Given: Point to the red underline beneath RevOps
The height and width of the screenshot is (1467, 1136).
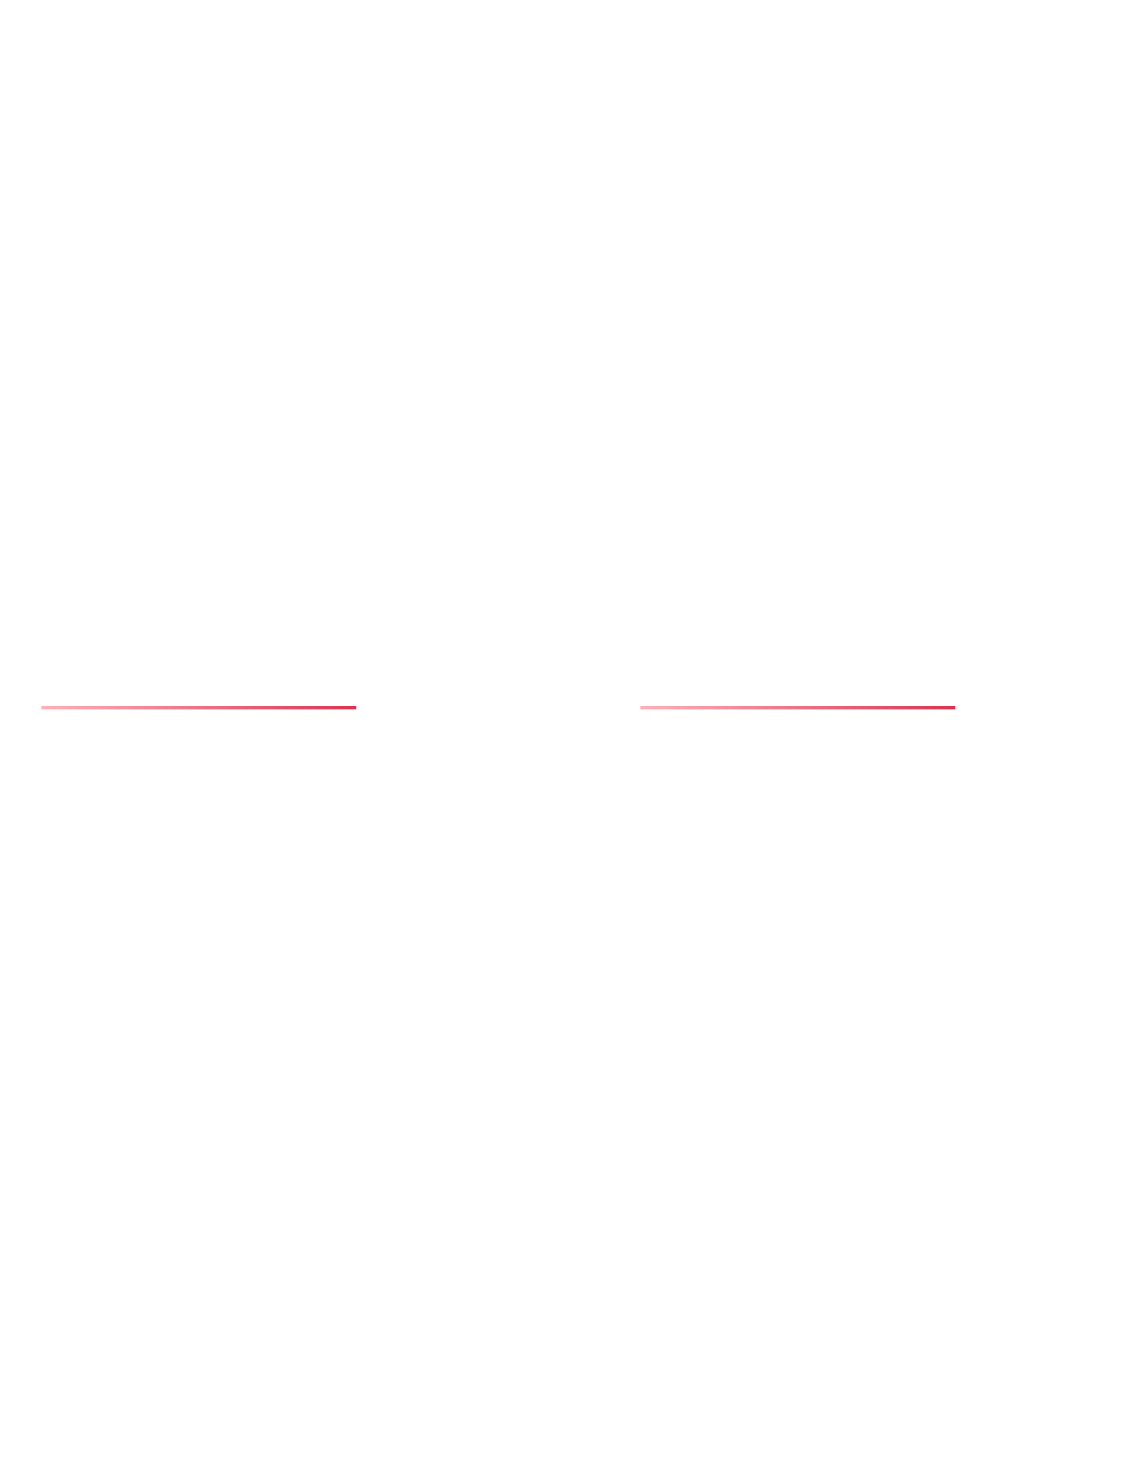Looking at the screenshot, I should pyautogui.click(x=199, y=708).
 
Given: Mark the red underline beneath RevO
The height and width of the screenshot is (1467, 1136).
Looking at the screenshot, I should pyautogui.click(x=798, y=708).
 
